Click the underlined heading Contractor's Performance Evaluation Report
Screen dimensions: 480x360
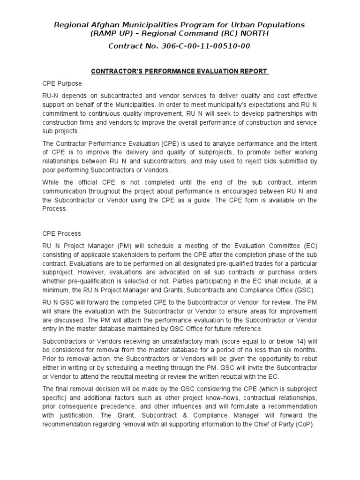point(180,71)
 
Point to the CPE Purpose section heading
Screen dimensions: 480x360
point(62,83)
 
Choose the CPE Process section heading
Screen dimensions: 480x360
point(62,233)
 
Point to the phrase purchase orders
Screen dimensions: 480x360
point(292,272)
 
